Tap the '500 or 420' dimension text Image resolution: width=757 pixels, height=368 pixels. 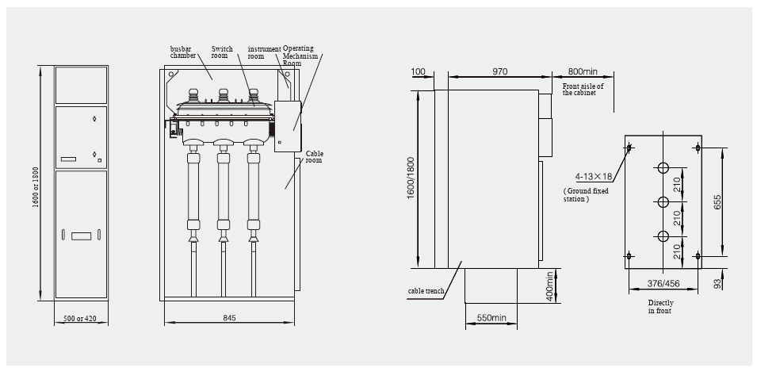click(x=80, y=320)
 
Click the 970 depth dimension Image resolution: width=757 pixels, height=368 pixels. click(x=499, y=71)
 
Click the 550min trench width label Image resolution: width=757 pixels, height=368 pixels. click(x=491, y=318)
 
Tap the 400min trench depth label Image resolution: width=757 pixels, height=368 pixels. click(x=550, y=286)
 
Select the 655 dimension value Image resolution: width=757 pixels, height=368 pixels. click(x=717, y=202)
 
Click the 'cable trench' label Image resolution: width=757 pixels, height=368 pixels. click(x=426, y=292)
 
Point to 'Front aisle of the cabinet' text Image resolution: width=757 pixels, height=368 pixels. click(x=583, y=89)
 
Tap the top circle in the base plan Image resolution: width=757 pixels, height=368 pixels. click(x=663, y=168)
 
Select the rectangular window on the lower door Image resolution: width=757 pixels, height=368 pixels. click(x=80, y=235)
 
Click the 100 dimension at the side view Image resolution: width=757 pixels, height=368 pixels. click(x=419, y=71)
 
